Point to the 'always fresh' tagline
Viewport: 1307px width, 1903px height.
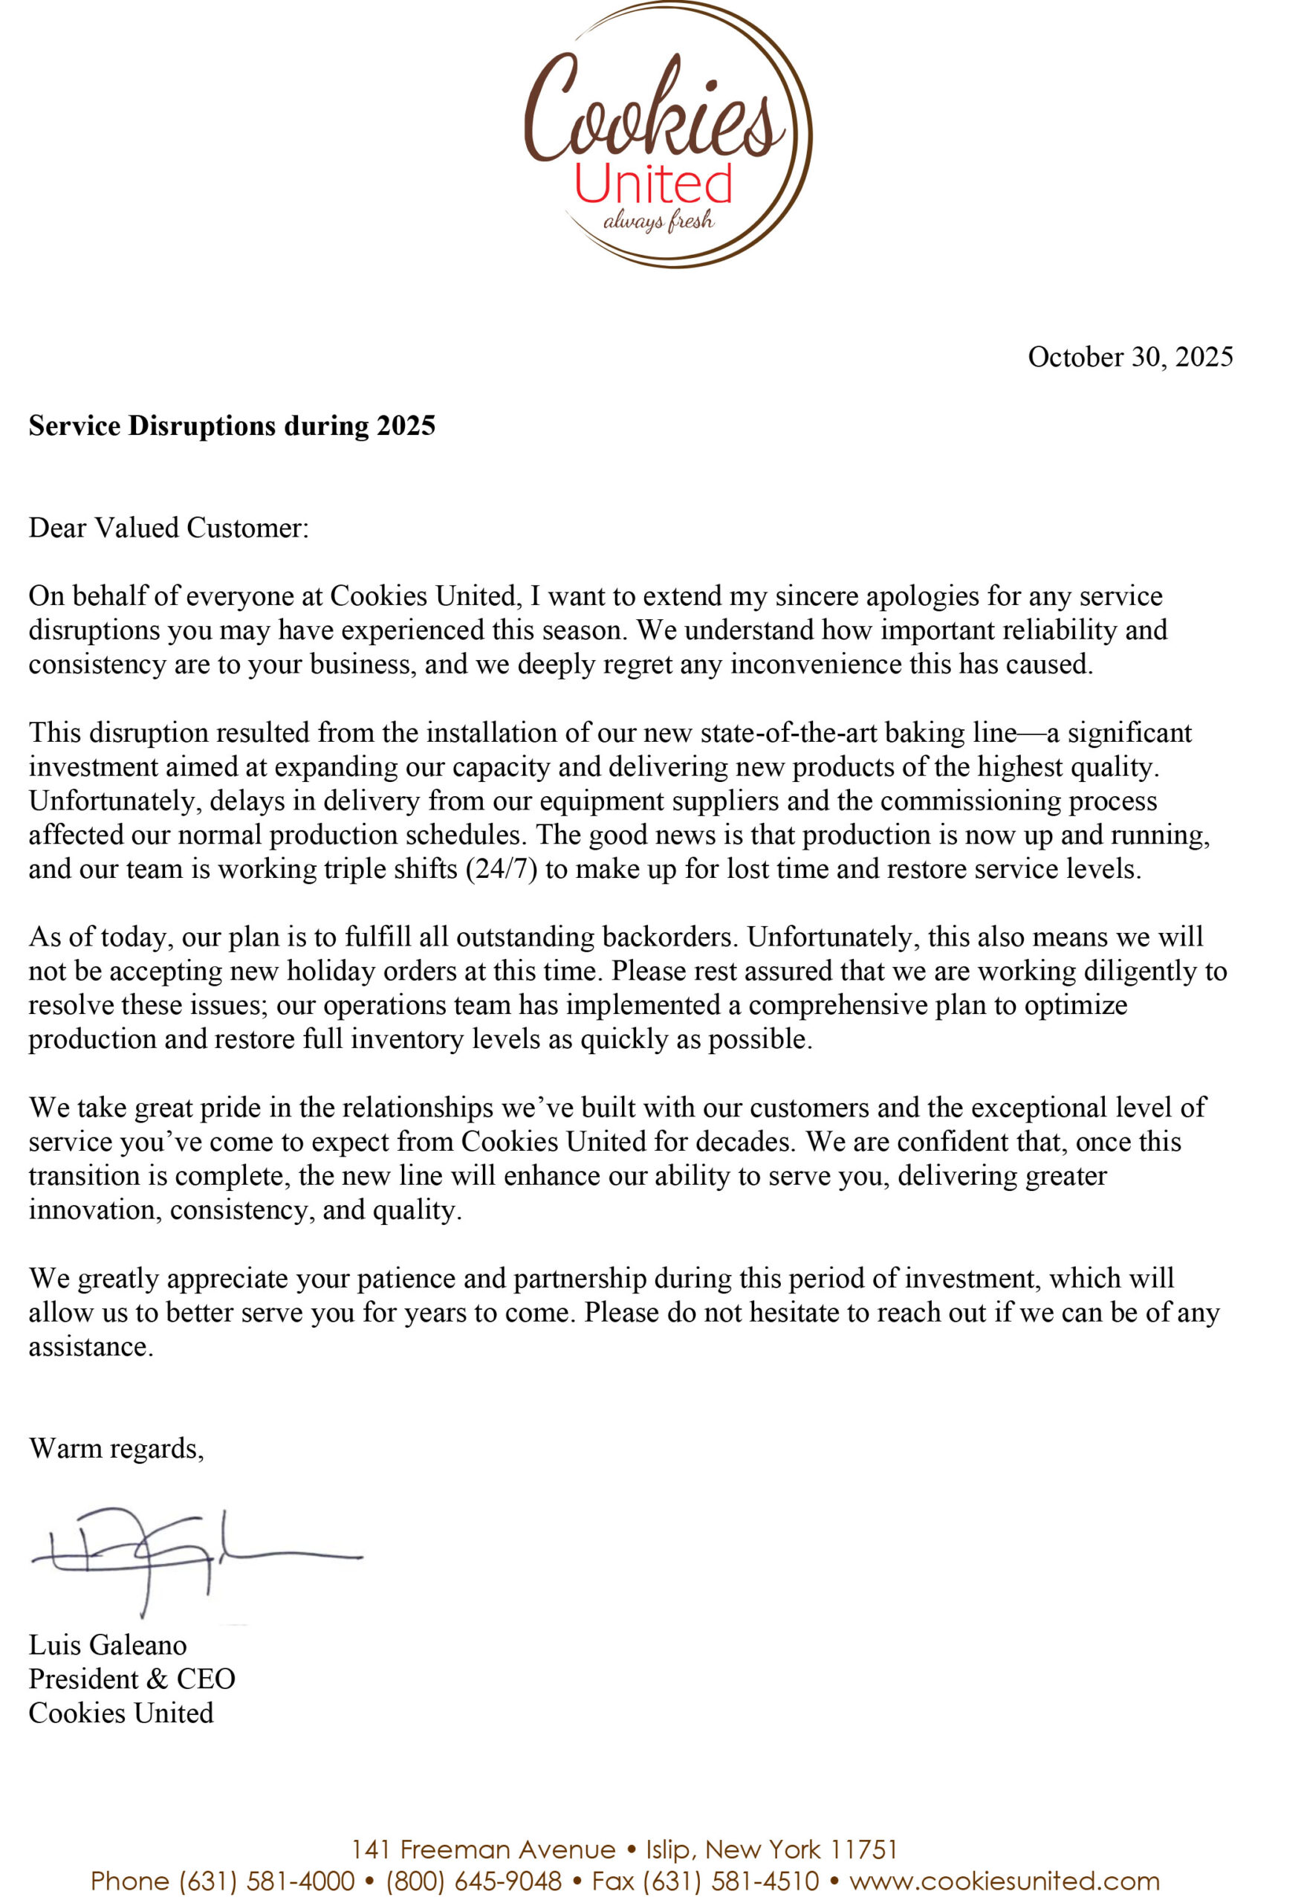[658, 222]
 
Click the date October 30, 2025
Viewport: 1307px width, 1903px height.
[1130, 357]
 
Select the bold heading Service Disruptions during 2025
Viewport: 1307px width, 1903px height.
[232, 426]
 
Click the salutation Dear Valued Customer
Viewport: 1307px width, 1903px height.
[169, 528]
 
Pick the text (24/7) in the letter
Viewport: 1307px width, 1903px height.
[502, 869]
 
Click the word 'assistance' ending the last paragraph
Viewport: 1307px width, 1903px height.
[90, 1347]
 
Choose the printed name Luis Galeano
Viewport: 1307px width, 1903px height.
[108, 1644]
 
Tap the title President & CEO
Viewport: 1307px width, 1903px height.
[132, 1679]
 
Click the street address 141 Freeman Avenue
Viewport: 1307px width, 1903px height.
[483, 1849]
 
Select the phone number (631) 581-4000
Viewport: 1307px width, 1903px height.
[267, 1881]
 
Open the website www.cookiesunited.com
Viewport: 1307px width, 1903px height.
[1005, 1881]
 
